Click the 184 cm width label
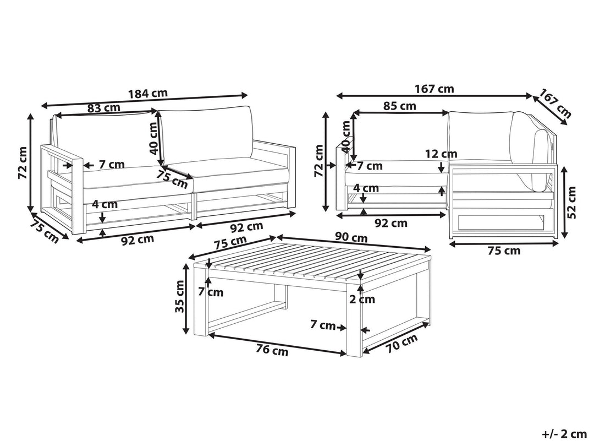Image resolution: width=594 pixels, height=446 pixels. (148, 93)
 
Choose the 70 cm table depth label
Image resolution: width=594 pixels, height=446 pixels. (402, 343)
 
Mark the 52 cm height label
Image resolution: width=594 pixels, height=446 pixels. (572, 203)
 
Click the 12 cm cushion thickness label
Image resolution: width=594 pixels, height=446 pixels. (441, 154)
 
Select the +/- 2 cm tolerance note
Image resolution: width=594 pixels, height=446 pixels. (564, 433)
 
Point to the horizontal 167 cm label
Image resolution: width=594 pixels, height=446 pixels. (434, 89)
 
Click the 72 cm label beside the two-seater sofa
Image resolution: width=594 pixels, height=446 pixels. (23, 162)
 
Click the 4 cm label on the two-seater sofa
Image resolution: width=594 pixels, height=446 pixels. (105, 204)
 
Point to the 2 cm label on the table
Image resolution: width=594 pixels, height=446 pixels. (362, 299)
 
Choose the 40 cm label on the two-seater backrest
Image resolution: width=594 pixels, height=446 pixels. (153, 138)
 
